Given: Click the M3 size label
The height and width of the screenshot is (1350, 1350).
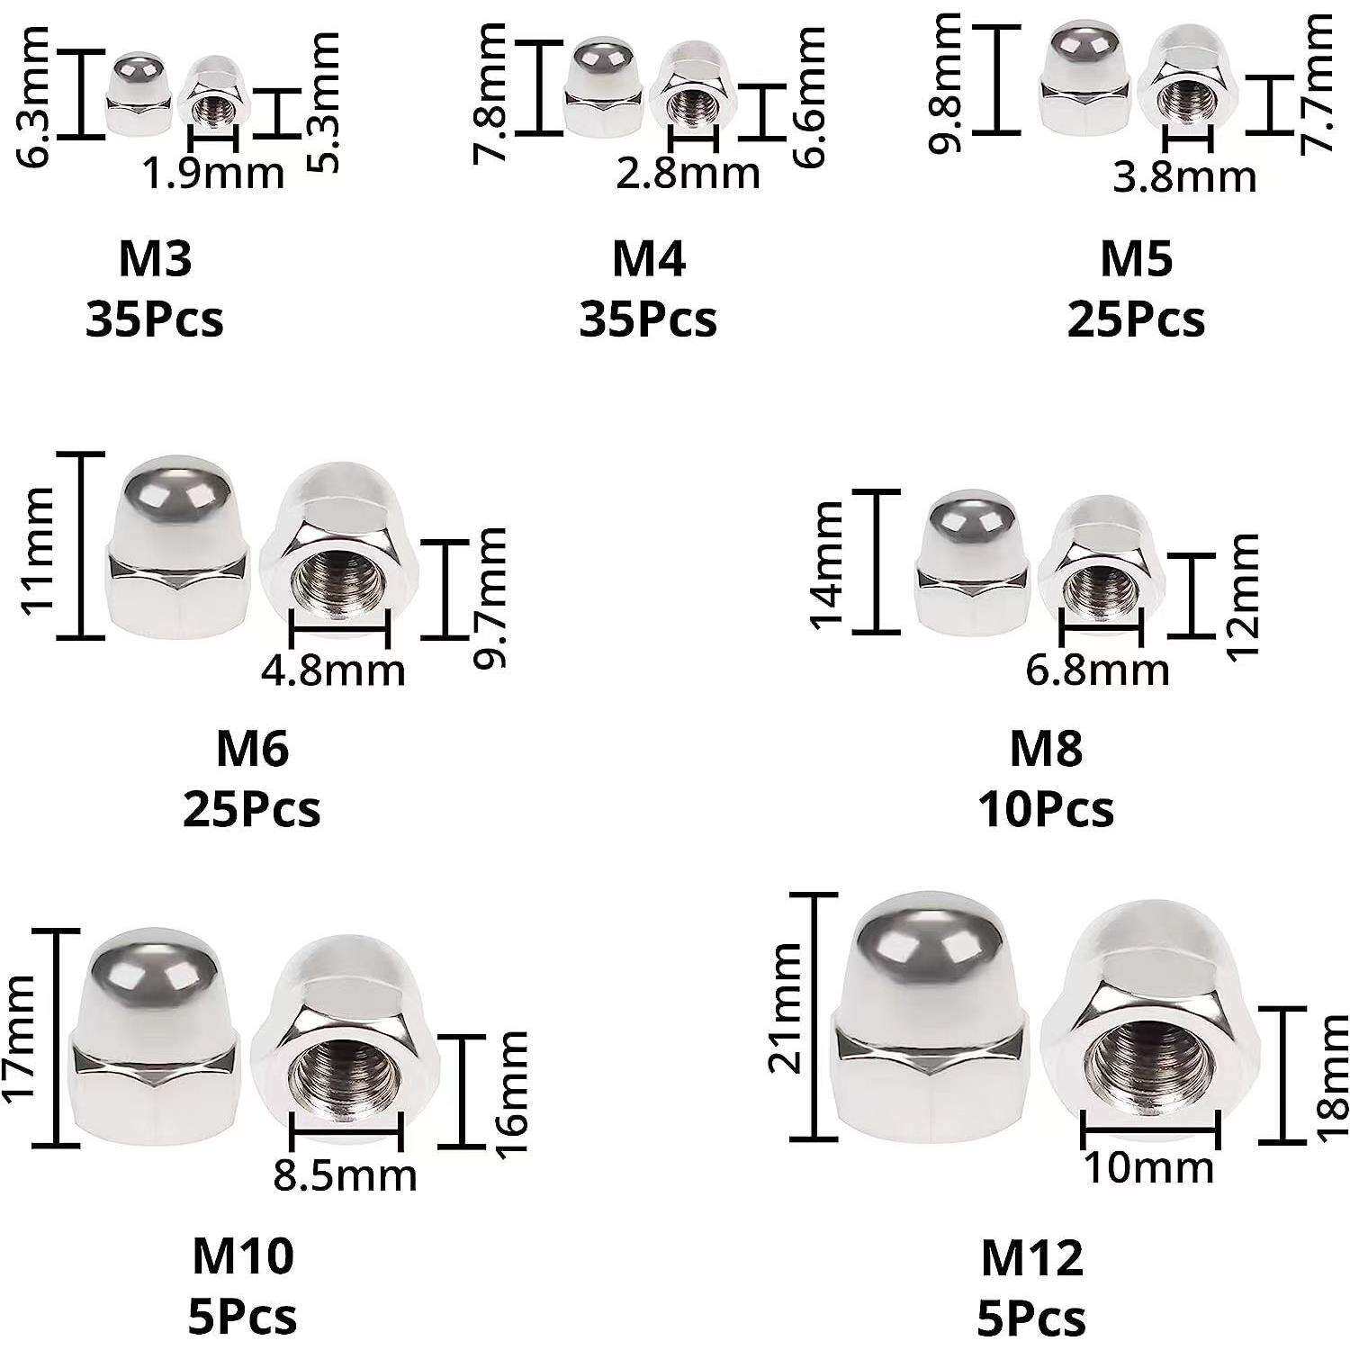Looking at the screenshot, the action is tap(155, 259).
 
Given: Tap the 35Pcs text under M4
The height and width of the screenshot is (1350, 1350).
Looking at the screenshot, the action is tap(648, 319).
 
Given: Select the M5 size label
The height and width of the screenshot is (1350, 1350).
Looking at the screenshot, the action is tap(1137, 259).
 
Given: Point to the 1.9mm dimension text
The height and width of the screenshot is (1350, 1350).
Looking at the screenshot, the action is tap(214, 172).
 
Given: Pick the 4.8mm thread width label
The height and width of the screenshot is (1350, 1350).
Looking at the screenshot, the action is tap(334, 670).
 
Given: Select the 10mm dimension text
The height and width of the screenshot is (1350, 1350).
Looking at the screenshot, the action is tap(1148, 1167).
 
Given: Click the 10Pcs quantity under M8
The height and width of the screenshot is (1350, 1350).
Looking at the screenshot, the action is tap(1046, 808).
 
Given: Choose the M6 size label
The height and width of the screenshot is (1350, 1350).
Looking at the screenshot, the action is tap(252, 748).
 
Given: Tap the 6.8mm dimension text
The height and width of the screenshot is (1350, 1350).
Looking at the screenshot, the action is tap(1098, 670).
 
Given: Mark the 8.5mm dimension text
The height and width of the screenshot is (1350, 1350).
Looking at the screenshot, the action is tap(346, 1175).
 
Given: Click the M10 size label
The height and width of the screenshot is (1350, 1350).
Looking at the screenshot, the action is tap(243, 1256).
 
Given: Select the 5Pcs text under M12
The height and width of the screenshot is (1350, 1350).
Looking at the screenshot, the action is tap(1031, 1318).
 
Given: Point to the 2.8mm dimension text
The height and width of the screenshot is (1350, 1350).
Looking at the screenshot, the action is tap(688, 172).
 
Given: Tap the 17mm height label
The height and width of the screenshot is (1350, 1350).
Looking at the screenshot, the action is tap(20, 1038).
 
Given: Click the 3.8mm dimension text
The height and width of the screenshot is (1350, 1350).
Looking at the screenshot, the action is tap(1185, 176).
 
